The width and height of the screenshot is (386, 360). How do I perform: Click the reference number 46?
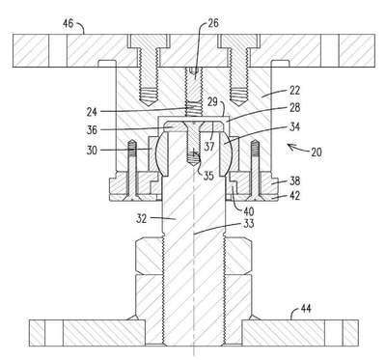pyautogui.click(x=68, y=23)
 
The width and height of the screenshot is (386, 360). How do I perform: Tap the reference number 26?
pyautogui.click(x=212, y=23)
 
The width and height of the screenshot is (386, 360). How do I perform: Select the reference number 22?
pyautogui.click(x=294, y=91)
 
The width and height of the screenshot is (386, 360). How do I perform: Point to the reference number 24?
pyautogui.click(x=92, y=112)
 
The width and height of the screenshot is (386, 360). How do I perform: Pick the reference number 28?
pyautogui.click(x=294, y=107)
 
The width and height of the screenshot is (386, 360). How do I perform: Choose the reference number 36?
pyautogui.click(x=92, y=130)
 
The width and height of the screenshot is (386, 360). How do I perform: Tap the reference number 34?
pyautogui.click(x=294, y=126)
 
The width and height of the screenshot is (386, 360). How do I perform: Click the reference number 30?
pyautogui.click(x=92, y=150)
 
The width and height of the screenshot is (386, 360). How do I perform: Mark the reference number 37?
pyautogui.click(x=209, y=147)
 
